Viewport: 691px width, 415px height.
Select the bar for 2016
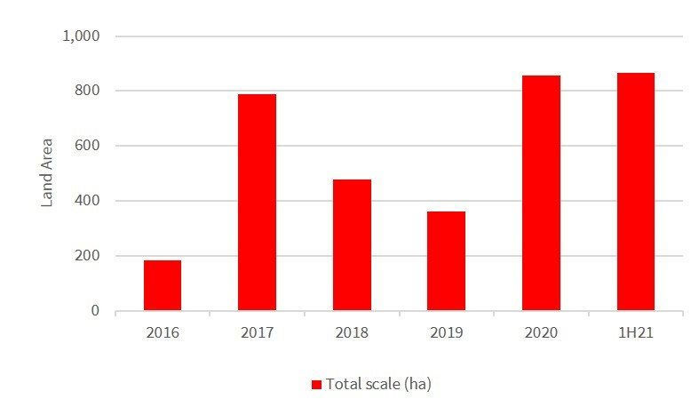[x=163, y=285]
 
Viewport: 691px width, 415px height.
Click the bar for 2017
[x=257, y=203]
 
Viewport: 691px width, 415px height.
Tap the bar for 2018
[x=352, y=245]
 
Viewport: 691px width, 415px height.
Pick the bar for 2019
[x=446, y=261]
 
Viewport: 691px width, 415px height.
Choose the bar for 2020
[x=541, y=193]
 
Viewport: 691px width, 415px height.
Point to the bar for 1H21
[x=635, y=192]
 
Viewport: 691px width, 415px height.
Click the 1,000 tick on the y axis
[x=82, y=36]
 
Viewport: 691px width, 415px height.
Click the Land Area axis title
[x=48, y=172]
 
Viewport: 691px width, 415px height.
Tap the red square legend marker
[x=316, y=385]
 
